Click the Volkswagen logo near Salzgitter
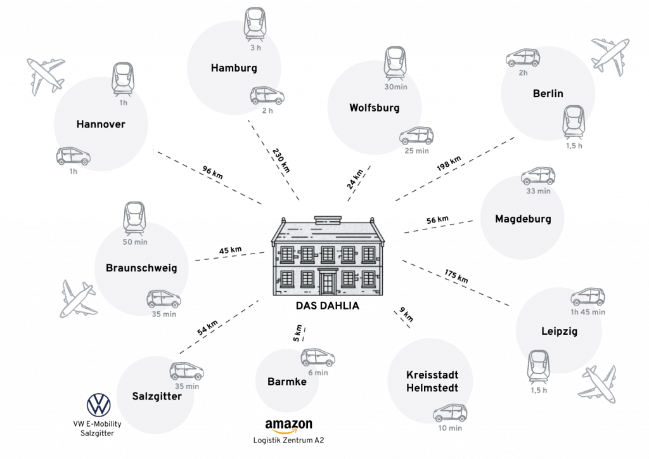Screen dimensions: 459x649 tap(98, 404)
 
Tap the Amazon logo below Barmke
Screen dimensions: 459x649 tap(289, 425)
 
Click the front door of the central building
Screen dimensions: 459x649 tap(328, 282)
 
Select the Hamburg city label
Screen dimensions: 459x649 tap(235, 68)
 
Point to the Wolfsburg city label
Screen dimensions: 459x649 tap(375, 108)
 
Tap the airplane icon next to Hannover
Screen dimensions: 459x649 tap(46, 75)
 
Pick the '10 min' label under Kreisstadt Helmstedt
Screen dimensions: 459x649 tap(450, 428)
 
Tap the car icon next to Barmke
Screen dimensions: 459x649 tap(319, 359)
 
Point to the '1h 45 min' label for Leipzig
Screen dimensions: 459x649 tap(588, 312)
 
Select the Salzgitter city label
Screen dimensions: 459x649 tap(157, 397)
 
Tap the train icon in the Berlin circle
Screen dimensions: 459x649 tap(574, 123)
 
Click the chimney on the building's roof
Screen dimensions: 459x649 tap(328, 219)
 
